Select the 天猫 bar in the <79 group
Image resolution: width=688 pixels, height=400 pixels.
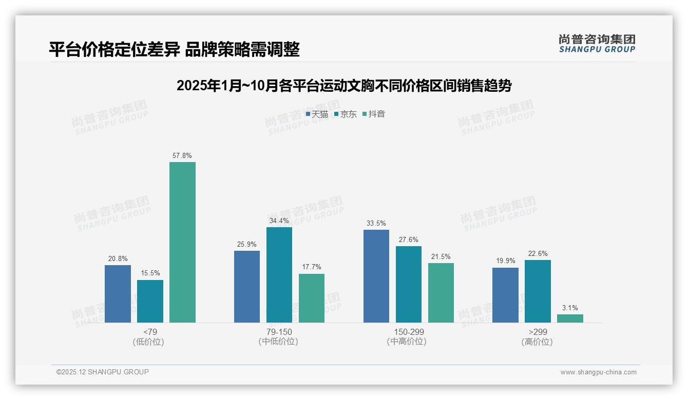[118, 294]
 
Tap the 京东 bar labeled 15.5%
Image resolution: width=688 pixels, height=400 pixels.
[150, 301]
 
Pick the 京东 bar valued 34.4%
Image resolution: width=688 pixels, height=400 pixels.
[279, 275]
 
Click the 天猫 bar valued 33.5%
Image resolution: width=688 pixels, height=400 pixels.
[376, 276]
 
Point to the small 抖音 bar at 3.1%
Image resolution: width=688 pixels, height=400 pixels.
[570, 318]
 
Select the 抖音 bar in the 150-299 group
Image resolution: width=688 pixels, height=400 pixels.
[441, 293]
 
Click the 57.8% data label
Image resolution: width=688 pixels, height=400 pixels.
[182, 155]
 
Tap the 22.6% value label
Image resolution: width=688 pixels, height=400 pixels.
[538, 253]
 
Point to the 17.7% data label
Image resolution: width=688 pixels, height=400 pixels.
[312, 267]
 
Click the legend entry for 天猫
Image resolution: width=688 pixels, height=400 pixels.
[317, 114]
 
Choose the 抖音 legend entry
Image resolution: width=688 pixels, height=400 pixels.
[374, 114]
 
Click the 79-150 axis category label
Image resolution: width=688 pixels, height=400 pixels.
[279, 332]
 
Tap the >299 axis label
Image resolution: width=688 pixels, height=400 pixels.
[537, 332]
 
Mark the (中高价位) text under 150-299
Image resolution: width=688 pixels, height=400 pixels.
[407, 342]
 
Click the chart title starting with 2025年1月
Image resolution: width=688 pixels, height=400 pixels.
[343, 86]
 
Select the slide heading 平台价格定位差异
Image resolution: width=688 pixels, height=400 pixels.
[174, 49]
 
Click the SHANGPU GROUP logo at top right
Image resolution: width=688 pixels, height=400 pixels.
[597, 44]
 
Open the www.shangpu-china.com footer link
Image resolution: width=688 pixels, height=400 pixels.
[598, 372]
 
